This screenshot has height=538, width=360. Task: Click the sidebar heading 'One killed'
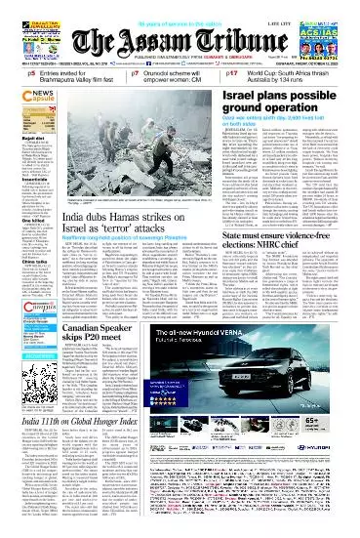pos(19,221)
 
